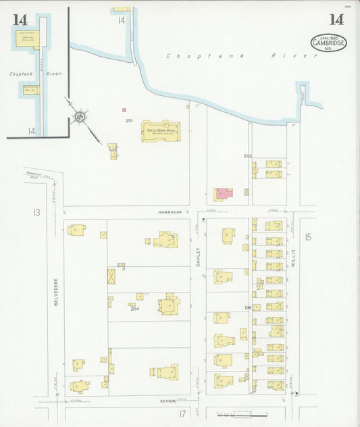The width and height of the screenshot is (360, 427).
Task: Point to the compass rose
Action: click(x=80, y=118)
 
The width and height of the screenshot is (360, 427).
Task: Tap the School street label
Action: click(x=168, y=401)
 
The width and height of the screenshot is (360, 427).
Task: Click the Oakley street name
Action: click(x=199, y=256)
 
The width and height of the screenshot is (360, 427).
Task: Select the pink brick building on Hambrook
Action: click(x=222, y=195)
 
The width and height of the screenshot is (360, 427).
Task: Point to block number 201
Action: click(x=129, y=120)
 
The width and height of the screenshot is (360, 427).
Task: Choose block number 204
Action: click(x=134, y=309)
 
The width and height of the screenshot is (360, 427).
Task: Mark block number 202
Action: click(x=248, y=156)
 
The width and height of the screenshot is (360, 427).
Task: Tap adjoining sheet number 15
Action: click(x=308, y=236)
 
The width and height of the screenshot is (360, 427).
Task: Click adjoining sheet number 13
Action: click(x=35, y=213)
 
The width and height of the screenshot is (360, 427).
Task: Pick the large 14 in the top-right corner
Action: click(x=336, y=19)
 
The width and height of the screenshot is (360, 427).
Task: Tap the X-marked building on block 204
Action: click(x=111, y=276)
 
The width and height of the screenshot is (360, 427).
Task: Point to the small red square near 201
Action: click(x=124, y=109)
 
